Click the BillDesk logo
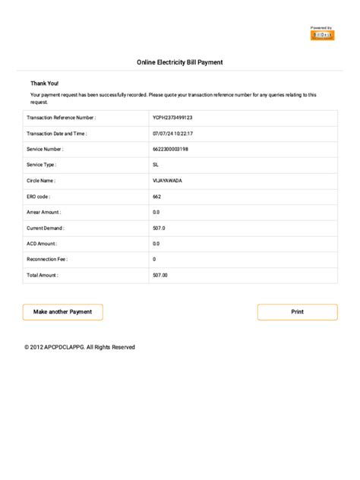[x=322, y=34]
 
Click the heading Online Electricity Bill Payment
[x=179, y=62]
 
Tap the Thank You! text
[x=44, y=83]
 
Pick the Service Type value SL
[x=156, y=164]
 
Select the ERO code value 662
[x=156, y=196]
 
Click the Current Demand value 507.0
[x=159, y=228]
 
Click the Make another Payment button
[x=63, y=312]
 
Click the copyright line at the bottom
[x=80, y=347]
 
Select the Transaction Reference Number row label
[x=61, y=118]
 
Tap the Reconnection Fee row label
[x=48, y=259]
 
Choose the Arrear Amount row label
[x=44, y=212]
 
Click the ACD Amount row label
[x=41, y=244]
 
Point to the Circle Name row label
[x=41, y=181]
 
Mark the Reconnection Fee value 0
[x=154, y=259]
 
